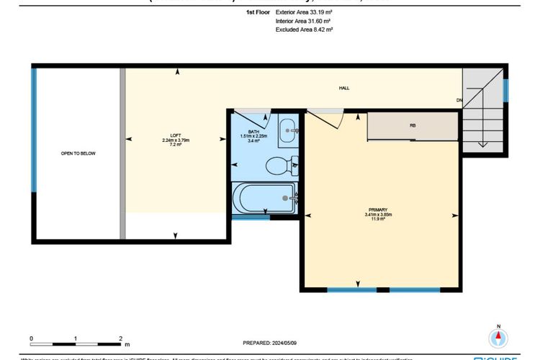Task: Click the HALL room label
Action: tap(344, 88)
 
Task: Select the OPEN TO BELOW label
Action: tap(78, 153)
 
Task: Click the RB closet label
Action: tap(413, 125)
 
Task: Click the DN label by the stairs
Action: tap(459, 100)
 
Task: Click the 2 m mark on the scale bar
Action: tap(120, 337)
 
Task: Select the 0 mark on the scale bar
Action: tap(31, 337)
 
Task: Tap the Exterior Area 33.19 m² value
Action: tap(305, 13)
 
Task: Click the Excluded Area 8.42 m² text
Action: tap(304, 30)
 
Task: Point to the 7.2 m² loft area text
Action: tap(175, 144)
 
